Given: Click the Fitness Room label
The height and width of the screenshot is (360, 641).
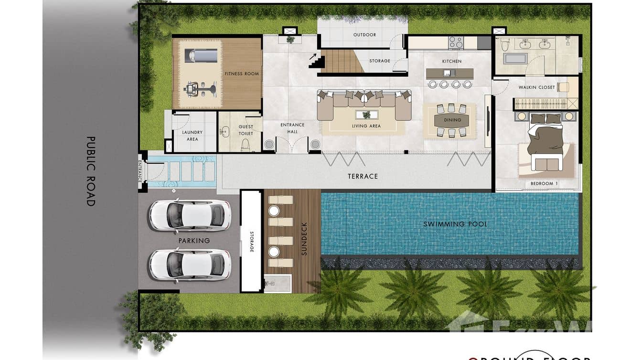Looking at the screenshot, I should pyautogui.click(x=242, y=74).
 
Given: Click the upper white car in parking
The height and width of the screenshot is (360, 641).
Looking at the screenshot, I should pyautogui.click(x=190, y=214).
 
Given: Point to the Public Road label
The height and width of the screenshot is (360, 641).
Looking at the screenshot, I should pyautogui.click(x=90, y=171).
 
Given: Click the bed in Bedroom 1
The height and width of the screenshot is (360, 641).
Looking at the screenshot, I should pyautogui.click(x=545, y=138).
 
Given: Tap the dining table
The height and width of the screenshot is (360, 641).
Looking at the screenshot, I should pyautogui.click(x=451, y=120).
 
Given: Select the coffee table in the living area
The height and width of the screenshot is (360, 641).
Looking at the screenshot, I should pyautogui.click(x=366, y=115).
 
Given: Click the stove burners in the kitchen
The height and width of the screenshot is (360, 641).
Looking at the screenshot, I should pyautogui.click(x=456, y=42).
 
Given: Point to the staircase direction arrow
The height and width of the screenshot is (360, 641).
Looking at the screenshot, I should pyautogui.click(x=312, y=57).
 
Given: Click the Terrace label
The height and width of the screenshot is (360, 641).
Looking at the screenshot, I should pyautogui.click(x=363, y=176).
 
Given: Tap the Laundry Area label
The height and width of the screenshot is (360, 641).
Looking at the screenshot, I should pyautogui.click(x=192, y=136).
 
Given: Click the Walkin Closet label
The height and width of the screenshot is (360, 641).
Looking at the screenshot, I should pyautogui.click(x=536, y=87).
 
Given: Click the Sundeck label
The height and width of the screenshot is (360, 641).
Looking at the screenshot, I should pyautogui.click(x=304, y=239).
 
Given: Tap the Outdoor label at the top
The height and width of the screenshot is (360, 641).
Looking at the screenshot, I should pyautogui.click(x=364, y=35).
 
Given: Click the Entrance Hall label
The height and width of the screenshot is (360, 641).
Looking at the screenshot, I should pyautogui.click(x=292, y=128).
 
